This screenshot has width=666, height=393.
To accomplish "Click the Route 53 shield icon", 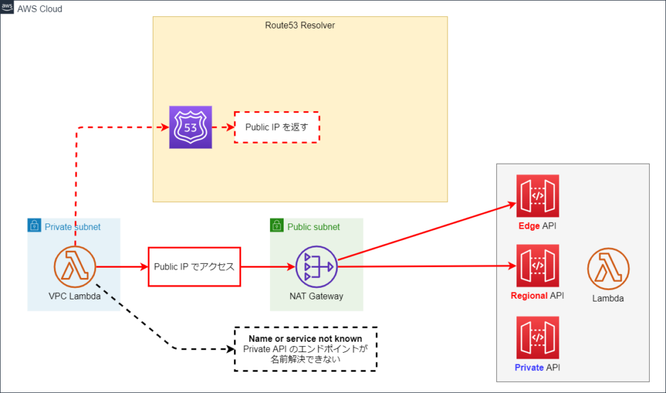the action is point(191,127).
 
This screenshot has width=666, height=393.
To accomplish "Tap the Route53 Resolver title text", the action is point(300,25).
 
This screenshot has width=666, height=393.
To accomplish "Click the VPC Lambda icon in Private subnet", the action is point(75,267).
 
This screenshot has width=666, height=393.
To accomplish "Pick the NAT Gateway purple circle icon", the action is point(317,267).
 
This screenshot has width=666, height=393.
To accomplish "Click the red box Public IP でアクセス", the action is point(194,267).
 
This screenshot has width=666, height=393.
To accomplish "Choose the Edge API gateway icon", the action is point(537,196).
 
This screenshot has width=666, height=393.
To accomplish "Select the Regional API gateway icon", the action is point(537,266).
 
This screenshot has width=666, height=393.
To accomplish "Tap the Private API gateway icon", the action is point(537,338).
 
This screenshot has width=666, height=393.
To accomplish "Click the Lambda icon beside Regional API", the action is point(608,269).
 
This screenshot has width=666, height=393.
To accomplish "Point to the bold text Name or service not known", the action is point(306,338).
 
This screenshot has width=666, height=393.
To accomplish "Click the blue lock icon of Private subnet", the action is point(34,225).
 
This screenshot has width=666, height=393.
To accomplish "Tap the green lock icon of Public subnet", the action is point(277,225).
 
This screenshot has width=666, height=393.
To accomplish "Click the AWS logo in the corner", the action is point(7,7).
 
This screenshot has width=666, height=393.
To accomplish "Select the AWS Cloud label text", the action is point(40,9).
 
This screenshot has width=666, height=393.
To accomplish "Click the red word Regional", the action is point(529,296).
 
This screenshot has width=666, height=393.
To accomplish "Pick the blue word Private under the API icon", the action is point(529,368).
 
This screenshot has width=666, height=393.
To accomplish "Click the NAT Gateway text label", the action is point(317,296).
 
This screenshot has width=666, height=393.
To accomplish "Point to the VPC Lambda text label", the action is point(75,296).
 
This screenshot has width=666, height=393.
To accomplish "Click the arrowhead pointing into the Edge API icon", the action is point(513,205).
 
